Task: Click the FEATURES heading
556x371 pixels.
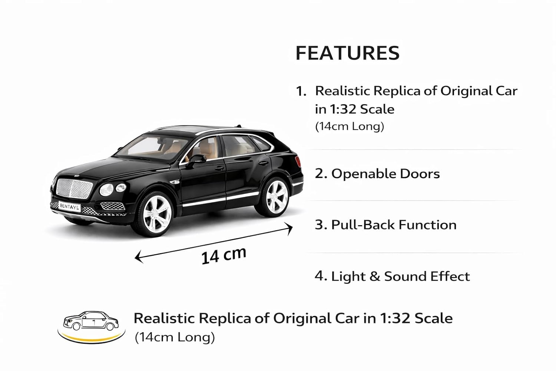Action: [348, 53]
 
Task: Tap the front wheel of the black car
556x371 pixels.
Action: [155, 214]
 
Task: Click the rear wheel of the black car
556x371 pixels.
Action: [275, 197]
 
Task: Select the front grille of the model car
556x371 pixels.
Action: [74, 188]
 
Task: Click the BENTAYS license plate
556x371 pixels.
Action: [70, 207]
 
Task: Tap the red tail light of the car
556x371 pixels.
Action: [298, 161]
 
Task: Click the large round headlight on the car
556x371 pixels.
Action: [106, 190]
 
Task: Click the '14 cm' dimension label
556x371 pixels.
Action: [224, 256]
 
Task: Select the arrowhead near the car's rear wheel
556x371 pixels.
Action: [288, 228]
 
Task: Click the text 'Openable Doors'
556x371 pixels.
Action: [385, 174]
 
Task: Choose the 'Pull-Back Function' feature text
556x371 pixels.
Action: [394, 225]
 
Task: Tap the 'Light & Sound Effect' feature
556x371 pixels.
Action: [400, 276]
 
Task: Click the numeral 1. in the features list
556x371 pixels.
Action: [301, 91]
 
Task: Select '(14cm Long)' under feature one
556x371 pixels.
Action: [350, 126]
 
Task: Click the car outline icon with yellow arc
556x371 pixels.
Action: [91, 327]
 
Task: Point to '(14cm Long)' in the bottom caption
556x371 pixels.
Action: [175, 337]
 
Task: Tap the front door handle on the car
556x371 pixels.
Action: [219, 168]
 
